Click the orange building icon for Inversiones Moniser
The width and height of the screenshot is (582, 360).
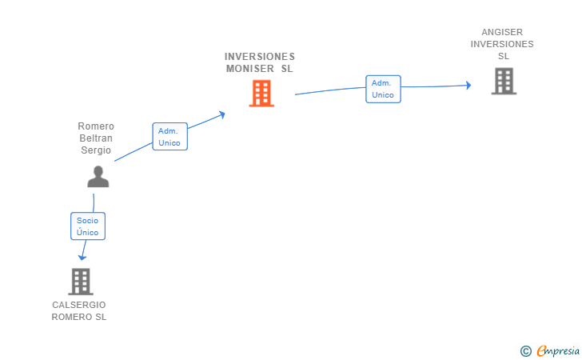coord(261,94)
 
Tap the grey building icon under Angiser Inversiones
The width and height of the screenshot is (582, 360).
coord(504,81)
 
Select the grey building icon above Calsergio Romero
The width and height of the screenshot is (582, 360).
coord(81,282)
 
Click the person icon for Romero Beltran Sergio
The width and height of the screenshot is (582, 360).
coord(98,177)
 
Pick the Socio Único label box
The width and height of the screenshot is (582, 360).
coord(88,226)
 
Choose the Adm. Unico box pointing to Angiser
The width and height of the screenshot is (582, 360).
coord(383,89)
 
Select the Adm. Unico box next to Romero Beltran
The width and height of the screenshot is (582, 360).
coord(169,136)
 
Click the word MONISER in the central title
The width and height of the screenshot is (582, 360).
coord(249,69)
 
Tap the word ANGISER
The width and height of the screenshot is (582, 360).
coord(502,32)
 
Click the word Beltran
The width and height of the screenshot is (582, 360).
coord(96,138)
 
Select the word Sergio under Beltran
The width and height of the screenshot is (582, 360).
coord(96,150)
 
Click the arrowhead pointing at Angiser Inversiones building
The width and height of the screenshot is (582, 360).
coord(468,86)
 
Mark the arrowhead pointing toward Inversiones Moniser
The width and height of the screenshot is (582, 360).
coord(222,114)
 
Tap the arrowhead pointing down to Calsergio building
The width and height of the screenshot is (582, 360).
coord(82,257)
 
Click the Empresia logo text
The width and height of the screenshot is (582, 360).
coord(558,350)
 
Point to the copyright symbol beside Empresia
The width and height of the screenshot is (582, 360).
coord(526,351)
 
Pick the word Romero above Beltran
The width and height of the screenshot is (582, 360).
coord(96,126)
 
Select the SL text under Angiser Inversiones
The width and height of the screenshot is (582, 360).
coord(504,56)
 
